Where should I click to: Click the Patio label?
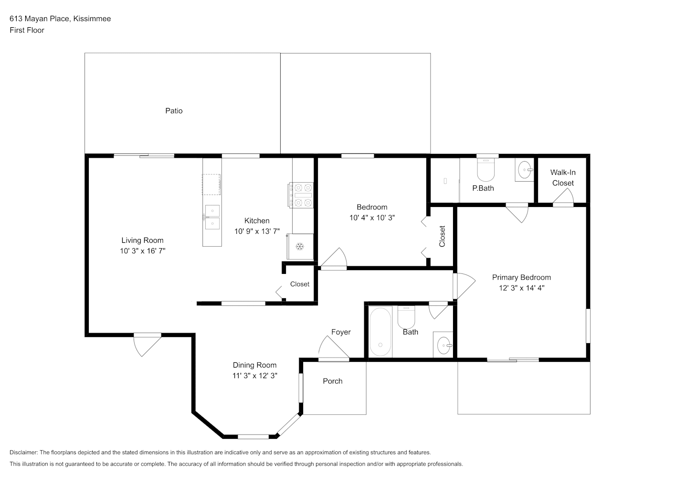[x=174, y=111]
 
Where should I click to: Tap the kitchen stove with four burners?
[x=301, y=195]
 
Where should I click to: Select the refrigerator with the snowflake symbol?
[x=300, y=246]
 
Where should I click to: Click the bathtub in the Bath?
[x=380, y=332]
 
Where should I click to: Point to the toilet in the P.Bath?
[x=486, y=170]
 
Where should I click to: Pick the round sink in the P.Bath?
[x=525, y=170]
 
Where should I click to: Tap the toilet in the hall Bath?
[x=406, y=317]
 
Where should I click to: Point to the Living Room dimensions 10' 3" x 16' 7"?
[x=143, y=251]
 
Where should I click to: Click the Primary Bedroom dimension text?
[x=522, y=288]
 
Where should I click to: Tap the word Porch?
[x=333, y=381]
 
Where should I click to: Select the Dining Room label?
[x=254, y=365]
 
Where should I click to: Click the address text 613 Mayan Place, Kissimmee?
[x=60, y=19]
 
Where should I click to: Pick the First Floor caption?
[x=27, y=30]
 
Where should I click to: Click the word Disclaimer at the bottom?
[x=24, y=452]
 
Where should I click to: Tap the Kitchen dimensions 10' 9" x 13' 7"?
[x=257, y=231]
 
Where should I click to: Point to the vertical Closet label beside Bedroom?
[x=442, y=236]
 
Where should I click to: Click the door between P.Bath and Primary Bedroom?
[x=517, y=213]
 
